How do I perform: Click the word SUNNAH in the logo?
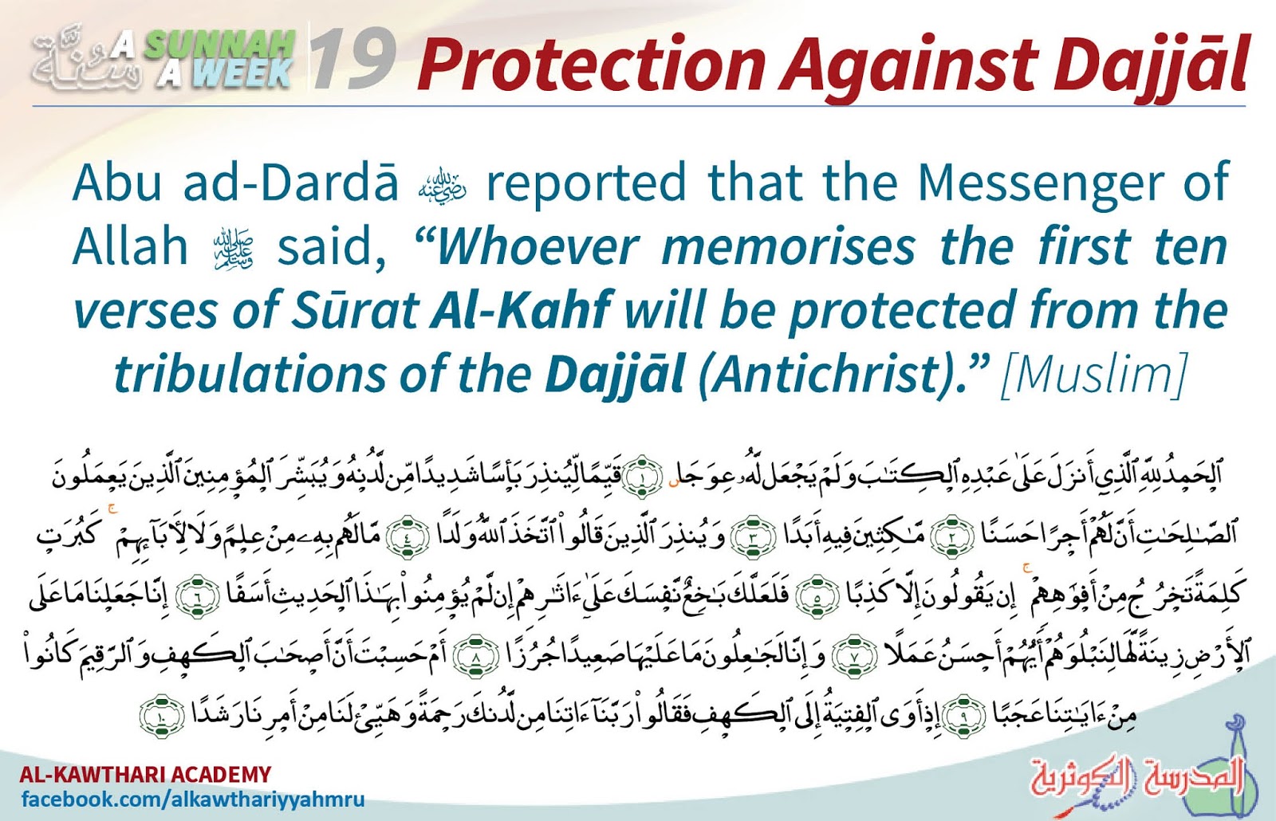219,46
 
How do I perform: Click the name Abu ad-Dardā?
234,183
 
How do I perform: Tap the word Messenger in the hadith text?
1040,183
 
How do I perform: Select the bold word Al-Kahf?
522,310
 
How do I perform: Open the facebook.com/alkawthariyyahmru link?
192,799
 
